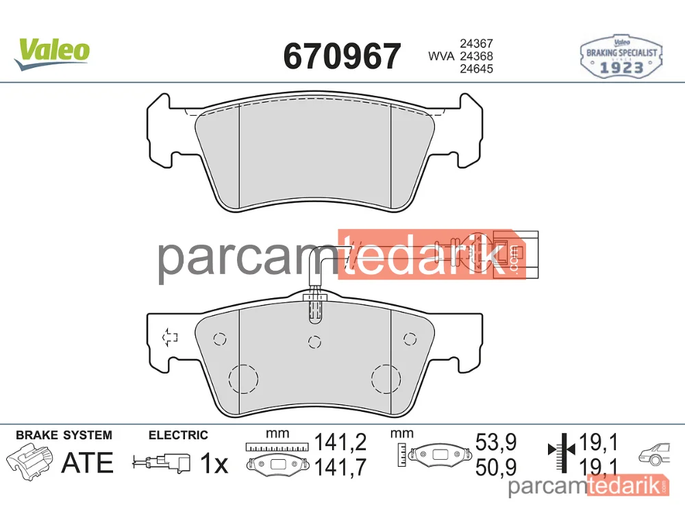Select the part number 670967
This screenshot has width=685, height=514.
[342, 56]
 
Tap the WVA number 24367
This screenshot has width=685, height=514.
[476, 44]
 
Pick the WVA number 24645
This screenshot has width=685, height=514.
[476, 69]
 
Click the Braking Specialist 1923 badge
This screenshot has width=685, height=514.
[621, 57]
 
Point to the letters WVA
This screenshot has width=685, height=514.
[441, 56]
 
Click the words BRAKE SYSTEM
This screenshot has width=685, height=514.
[64, 435]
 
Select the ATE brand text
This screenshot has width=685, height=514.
[88, 463]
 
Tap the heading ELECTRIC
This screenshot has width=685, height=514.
[178, 435]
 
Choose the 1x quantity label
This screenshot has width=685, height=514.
[214, 463]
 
